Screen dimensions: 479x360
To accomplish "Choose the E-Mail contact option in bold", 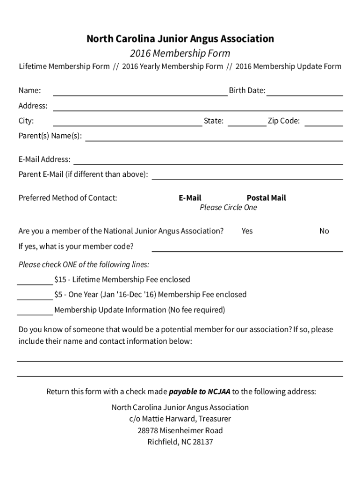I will pyautogui.click(x=190, y=198).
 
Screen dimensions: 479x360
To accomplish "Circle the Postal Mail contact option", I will pyautogui.click(x=266, y=198).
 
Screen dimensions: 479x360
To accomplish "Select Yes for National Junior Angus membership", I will pyautogui.click(x=247, y=231).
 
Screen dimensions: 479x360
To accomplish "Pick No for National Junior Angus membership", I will pyautogui.click(x=324, y=231).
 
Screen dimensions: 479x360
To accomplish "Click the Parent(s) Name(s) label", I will pyautogui.click(x=50, y=136).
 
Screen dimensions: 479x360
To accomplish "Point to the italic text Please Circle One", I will pyautogui.click(x=228, y=208).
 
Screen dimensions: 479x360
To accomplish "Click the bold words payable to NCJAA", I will pyautogui.click(x=199, y=392).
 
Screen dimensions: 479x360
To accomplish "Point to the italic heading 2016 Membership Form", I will pyautogui.click(x=180, y=53).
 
